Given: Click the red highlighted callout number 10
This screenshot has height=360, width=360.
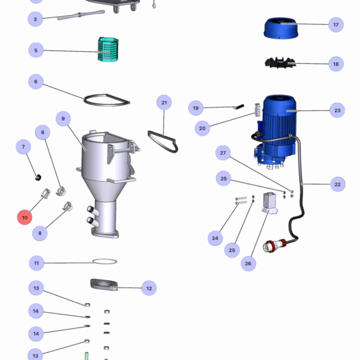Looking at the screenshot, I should (25, 217).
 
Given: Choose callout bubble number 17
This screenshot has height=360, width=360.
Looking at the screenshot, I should (336, 25).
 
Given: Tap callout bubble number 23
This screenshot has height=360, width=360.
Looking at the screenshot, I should (337, 110).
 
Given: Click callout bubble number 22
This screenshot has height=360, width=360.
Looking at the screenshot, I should (337, 185).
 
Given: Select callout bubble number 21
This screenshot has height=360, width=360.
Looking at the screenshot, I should (164, 103).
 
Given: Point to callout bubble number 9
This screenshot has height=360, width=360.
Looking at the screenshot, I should (62, 119).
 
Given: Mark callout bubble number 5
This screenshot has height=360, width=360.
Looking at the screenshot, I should (35, 50).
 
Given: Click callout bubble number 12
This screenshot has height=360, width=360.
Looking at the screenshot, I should (149, 288).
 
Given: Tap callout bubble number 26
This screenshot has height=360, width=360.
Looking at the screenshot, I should (248, 263).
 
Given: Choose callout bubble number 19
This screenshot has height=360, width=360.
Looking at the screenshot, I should (196, 109).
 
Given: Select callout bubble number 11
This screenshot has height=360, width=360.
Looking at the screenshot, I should (37, 263).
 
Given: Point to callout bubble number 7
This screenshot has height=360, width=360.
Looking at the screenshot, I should (24, 147).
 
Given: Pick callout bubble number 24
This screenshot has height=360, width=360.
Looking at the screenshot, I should (215, 238).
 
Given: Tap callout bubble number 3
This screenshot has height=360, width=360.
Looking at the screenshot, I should (35, 19).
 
